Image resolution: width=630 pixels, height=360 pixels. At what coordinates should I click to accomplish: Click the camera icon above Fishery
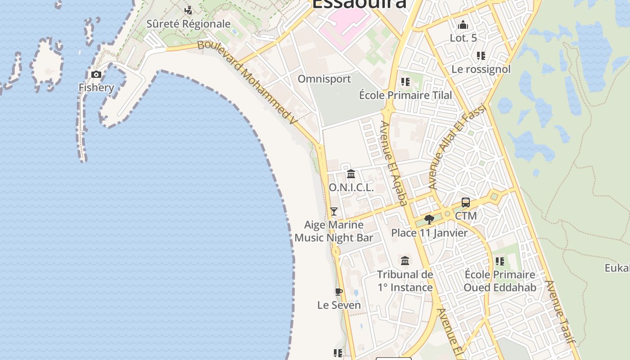click(96, 75)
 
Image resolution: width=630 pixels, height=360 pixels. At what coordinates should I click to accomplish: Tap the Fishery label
click(96, 87)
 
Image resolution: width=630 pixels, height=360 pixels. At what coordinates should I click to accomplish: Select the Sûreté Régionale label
click(189, 24)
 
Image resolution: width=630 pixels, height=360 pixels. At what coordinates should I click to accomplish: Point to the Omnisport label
click(324, 79)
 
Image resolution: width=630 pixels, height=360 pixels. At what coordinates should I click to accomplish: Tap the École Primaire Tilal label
click(405, 95)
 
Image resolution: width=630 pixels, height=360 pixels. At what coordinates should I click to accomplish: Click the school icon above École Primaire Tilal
click(405, 82)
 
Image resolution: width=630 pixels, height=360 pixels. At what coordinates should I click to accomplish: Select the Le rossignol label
click(481, 69)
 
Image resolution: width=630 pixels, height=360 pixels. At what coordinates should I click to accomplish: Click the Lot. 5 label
click(463, 38)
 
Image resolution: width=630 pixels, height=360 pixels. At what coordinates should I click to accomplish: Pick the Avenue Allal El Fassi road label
click(457, 147)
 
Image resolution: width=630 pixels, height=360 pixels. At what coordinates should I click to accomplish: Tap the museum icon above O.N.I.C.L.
click(351, 174)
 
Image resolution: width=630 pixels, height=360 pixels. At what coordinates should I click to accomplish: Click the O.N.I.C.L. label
click(351, 188)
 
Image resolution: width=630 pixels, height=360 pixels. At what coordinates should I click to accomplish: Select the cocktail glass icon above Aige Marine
click(334, 211)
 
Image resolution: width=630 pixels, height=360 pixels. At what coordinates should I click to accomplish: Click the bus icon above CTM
click(466, 202)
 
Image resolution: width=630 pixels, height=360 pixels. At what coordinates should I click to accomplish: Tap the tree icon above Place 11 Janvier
click(429, 220)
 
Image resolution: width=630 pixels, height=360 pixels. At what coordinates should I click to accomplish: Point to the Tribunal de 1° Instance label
click(405, 281)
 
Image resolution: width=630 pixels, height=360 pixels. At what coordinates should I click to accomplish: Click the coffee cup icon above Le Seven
click(339, 292)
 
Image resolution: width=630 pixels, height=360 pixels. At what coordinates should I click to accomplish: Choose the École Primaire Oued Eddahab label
click(499, 281)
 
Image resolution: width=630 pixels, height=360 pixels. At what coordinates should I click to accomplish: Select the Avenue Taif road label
click(560, 312)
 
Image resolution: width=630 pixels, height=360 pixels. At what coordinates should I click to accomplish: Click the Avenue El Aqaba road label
click(394, 163)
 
